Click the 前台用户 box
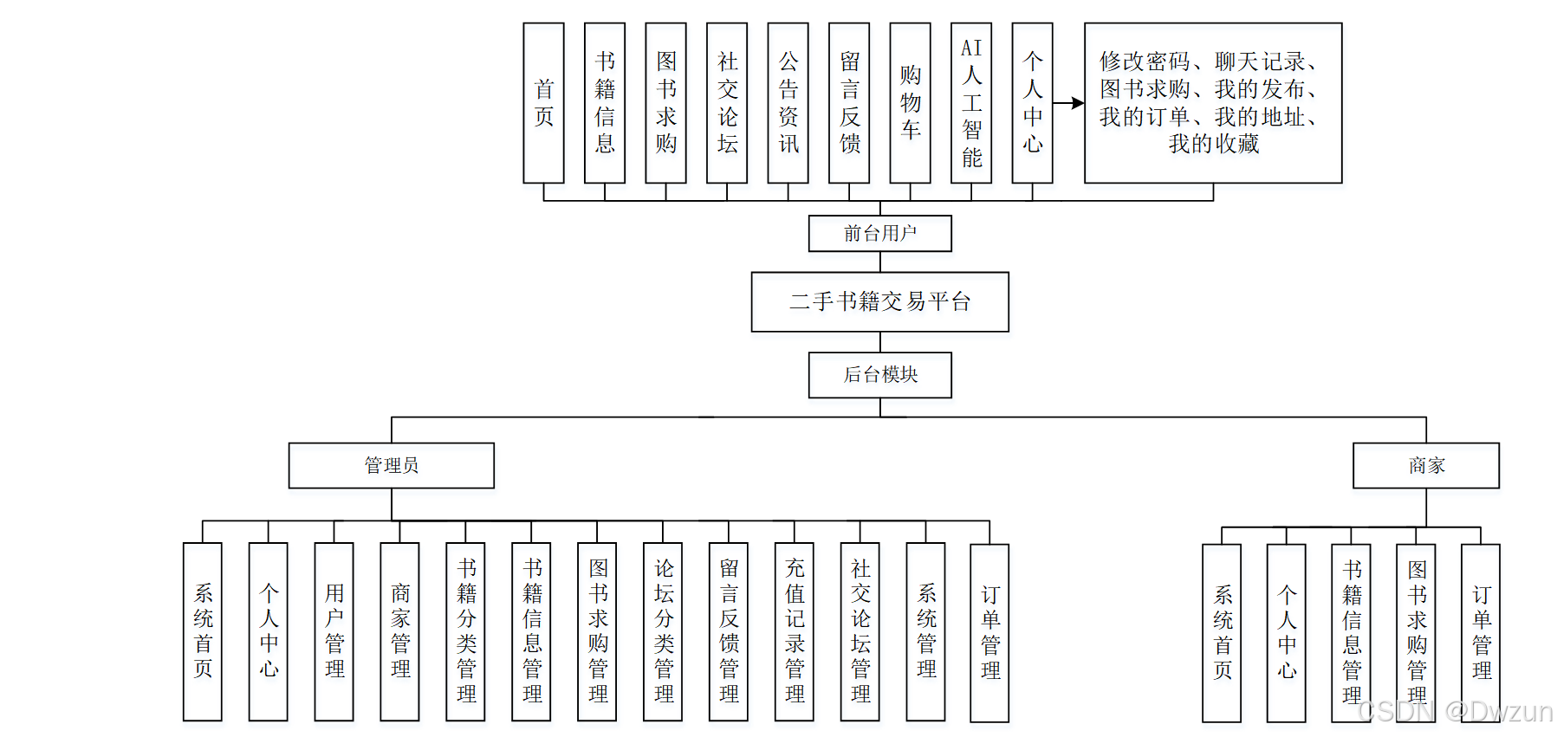(879, 233)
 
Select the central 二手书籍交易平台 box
(879, 301)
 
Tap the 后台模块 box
(879, 374)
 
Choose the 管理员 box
(391, 465)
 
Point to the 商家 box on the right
(1425, 465)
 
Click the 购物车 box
(910, 102)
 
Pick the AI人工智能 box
(971, 102)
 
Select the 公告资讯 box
(788, 102)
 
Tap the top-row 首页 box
(543, 102)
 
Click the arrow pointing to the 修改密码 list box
(1069, 103)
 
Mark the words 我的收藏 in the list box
(1213, 144)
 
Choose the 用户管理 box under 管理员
(334, 630)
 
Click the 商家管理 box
(399, 630)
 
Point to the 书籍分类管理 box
(465, 630)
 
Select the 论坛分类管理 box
(663, 630)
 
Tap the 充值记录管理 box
(795, 630)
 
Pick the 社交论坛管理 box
(860, 630)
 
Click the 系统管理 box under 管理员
(925, 630)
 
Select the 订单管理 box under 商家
(1481, 632)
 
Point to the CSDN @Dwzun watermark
(1456, 711)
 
